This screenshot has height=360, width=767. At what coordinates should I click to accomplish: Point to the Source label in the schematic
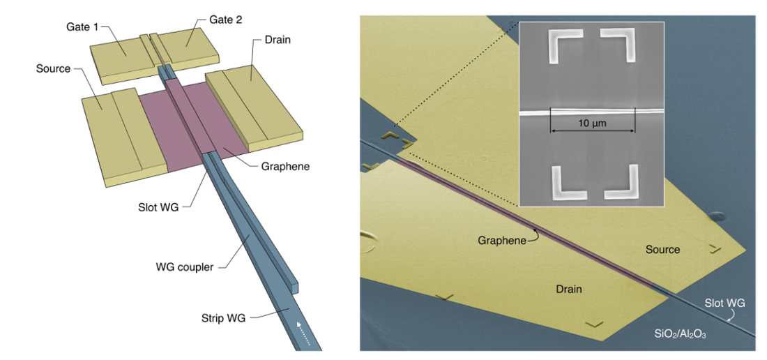(x=54, y=68)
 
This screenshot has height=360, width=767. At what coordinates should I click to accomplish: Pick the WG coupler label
(x=184, y=267)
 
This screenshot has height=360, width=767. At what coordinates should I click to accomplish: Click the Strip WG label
(x=218, y=318)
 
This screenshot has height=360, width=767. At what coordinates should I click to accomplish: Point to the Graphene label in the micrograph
(x=501, y=240)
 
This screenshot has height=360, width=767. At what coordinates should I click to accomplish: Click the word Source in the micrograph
(x=662, y=249)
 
